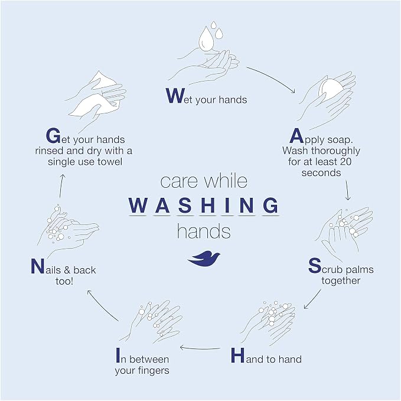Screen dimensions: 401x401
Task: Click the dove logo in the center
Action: pos(204,259)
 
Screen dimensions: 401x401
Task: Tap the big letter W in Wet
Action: pos(175,96)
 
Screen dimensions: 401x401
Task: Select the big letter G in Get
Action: pos(53,136)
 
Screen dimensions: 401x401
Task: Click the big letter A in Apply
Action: pos(296,136)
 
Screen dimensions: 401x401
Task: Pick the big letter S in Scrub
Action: pos(315,265)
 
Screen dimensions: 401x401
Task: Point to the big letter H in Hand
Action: pos(238,355)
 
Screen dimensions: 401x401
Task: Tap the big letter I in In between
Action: pos(118,355)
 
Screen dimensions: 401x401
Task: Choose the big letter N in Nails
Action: pos(37,266)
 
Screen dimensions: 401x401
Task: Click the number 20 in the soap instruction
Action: pos(345,162)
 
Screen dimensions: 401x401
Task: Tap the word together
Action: pos(341,281)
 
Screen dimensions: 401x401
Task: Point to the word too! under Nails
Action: pos(64,281)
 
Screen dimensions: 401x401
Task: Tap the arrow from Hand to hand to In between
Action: pos(200,348)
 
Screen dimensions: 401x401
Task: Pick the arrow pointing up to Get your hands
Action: pos(61,186)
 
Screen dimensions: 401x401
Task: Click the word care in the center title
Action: pos(179,181)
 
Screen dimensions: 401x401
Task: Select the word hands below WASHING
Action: pos(204,231)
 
